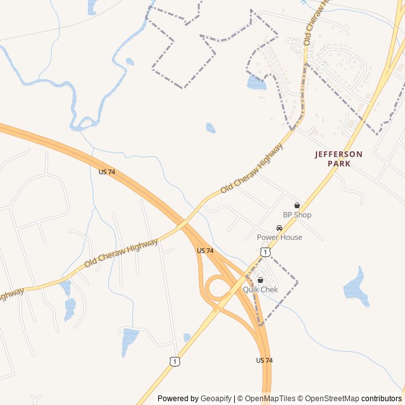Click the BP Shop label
click(x=297, y=215)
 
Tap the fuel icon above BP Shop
click(x=297, y=206)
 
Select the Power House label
click(x=279, y=237)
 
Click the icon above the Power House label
click(x=279, y=228)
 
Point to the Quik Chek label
click(x=260, y=290)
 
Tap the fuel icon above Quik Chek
click(x=260, y=280)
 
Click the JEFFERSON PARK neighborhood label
click(x=339, y=159)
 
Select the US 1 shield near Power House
click(x=266, y=252)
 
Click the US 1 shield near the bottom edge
click(x=174, y=361)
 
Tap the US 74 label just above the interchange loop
click(x=205, y=251)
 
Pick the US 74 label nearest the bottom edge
click(x=265, y=360)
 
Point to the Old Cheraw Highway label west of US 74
click(x=121, y=252)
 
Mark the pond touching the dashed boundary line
click(x=256, y=82)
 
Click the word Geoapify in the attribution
click(x=216, y=399)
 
